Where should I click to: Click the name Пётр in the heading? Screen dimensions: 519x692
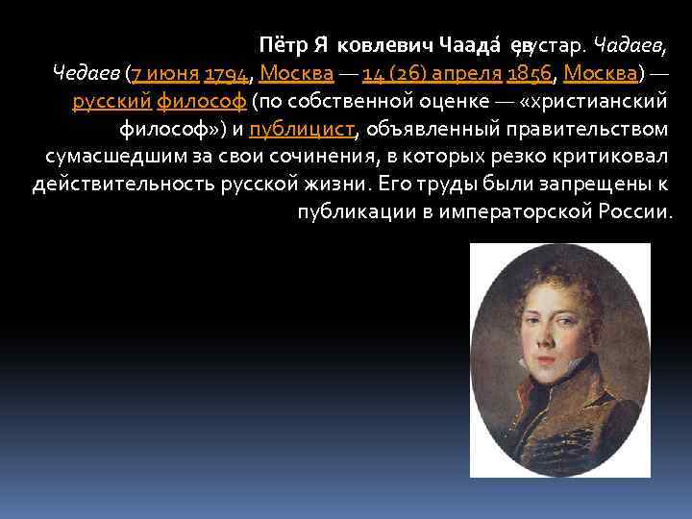(x=283, y=44)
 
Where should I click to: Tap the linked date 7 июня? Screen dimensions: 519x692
(x=164, y=73)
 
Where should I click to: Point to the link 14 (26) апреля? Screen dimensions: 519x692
(x=432, y=73)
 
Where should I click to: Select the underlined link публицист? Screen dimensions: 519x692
(x=301, y=129)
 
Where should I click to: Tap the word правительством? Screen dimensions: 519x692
(x=585, y=129)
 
